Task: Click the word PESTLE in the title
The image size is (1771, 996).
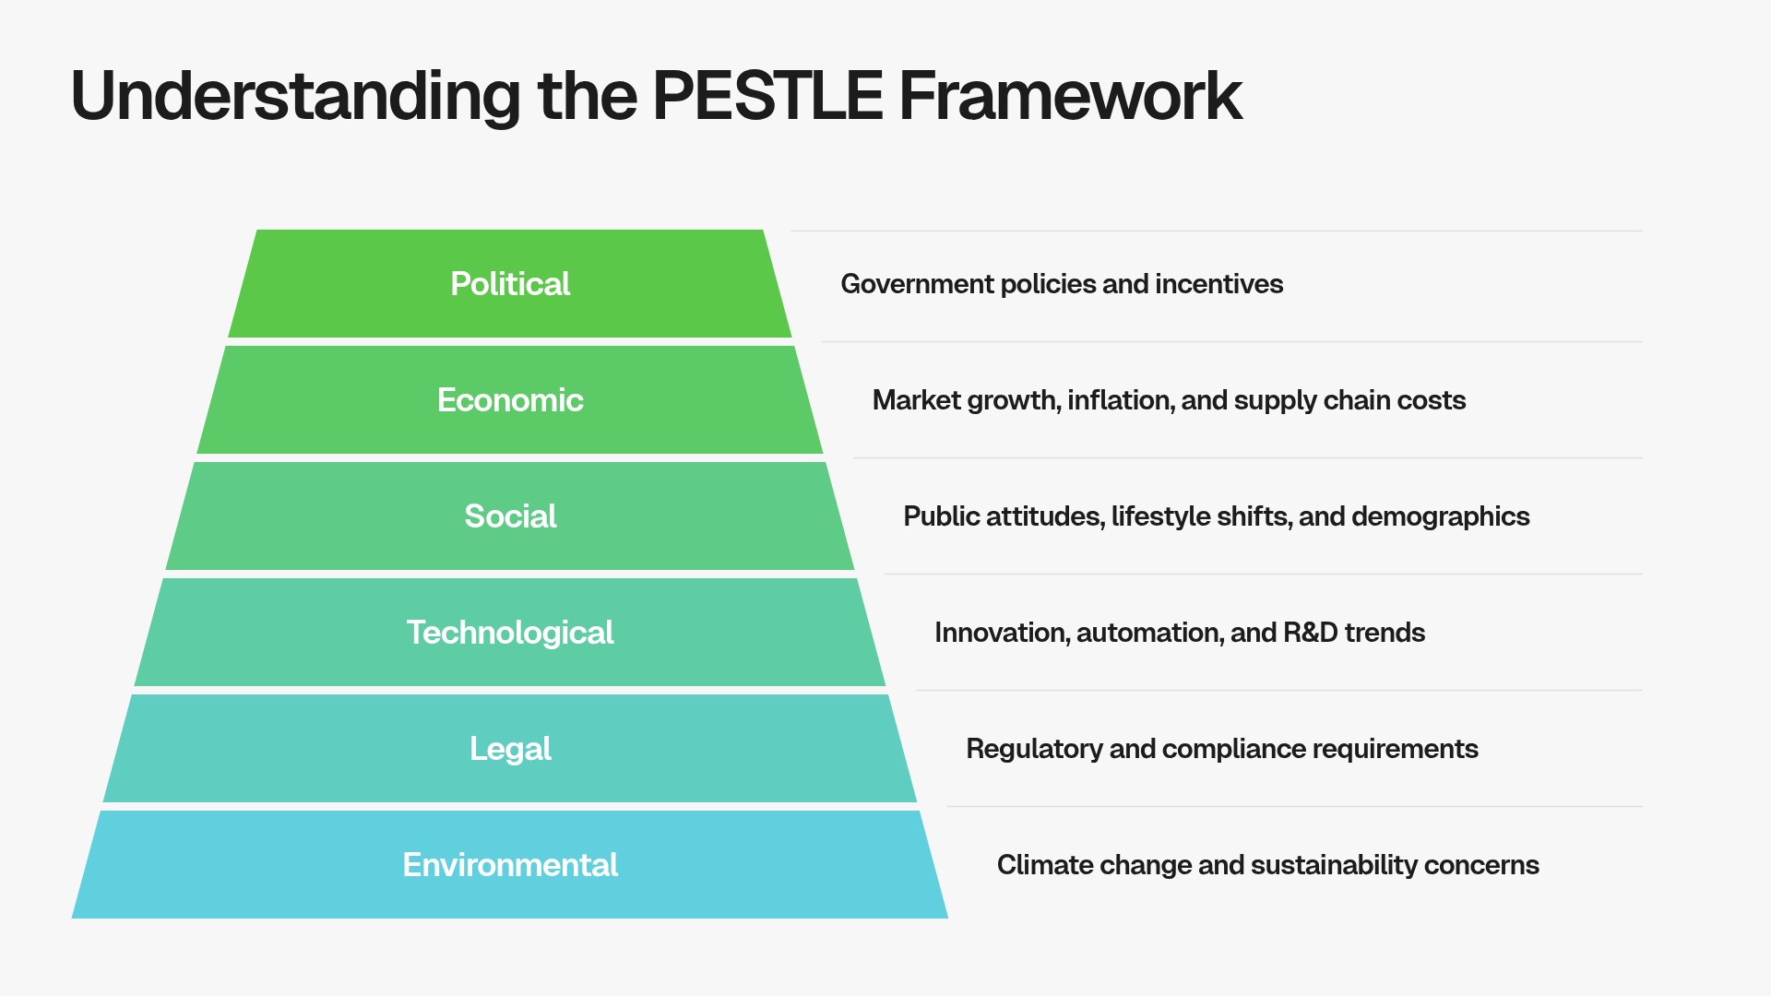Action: tap(767, 96)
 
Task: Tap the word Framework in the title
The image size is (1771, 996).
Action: tap(1070, 96)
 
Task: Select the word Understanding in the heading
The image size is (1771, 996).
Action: tap(295, 96)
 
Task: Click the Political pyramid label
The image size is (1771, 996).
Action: tap(510, 284)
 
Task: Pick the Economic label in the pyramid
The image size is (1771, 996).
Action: tap(510, 400)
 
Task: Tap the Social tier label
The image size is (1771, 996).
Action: tap(510, 516)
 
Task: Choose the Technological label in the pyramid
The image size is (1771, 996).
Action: tap(510, 633)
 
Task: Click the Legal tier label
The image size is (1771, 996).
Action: tap(510, 749)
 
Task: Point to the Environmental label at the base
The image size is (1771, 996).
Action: tap(510, 865)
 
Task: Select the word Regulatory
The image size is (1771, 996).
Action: tap(1034, 749)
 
